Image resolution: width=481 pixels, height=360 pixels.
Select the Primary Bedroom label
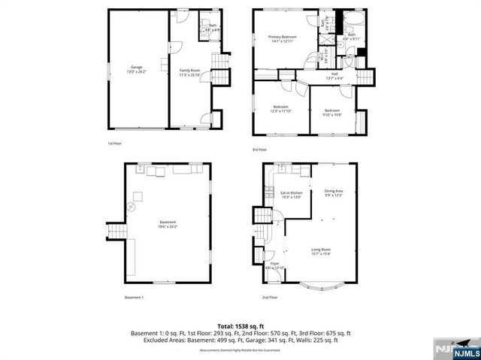tap(283, 39)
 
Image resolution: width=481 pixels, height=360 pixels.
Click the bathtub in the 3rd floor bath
tap(352, 20)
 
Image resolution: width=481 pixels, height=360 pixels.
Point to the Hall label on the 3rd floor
tap(334, 74)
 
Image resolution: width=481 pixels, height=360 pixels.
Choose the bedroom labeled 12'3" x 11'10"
tap(280, 109)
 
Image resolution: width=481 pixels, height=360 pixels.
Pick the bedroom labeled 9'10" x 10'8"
tap(332, 113)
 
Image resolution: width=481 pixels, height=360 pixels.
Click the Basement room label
tap(168, 224)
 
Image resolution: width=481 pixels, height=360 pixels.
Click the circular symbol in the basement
tap(132, 206)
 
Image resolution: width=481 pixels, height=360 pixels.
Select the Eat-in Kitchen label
tap(291, 195)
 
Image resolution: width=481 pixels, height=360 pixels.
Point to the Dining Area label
tap(334, 193)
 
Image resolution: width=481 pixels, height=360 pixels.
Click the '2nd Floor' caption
tap(270, 298)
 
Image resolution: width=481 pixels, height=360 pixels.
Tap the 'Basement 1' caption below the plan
tap(134, 298)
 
